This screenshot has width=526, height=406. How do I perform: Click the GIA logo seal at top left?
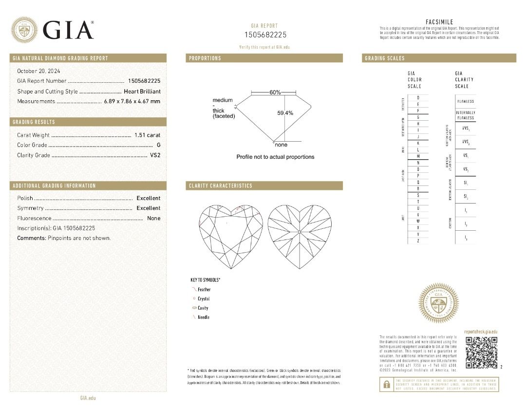(x=24, y=30)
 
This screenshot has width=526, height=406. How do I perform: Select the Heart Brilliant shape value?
(x=142, y=92)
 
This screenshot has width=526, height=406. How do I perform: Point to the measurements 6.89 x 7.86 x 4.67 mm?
(x=132, y=101)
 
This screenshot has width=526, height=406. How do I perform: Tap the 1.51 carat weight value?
(x=147, y=135)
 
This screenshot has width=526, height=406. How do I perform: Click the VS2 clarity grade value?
(x=155, y=155)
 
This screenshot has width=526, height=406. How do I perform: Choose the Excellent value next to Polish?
(x=148, y=198)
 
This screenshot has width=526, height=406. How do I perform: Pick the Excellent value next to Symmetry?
(x=148, y=208)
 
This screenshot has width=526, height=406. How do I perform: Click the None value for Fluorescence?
(x=153, y=219)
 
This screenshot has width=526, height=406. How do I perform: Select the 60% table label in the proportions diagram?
(x=275, y=92)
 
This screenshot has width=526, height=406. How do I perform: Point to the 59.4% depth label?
(x=285, y=113)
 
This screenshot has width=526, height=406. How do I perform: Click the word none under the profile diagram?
(x=281, y=145)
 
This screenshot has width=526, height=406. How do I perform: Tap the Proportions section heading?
(x=205, y=58)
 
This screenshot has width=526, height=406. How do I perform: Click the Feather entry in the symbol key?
(x=204, y=290)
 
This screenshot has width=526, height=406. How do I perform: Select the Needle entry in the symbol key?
(x=204, y=317)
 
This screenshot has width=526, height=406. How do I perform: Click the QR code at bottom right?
(x=481, y=352)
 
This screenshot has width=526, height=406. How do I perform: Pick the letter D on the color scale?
(x=417, y=97)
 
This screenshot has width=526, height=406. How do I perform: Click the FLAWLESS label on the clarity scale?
(x=466, y=101)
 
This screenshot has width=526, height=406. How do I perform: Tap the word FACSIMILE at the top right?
(x=439, y=22)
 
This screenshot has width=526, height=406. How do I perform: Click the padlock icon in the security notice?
(x=386, y=384)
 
